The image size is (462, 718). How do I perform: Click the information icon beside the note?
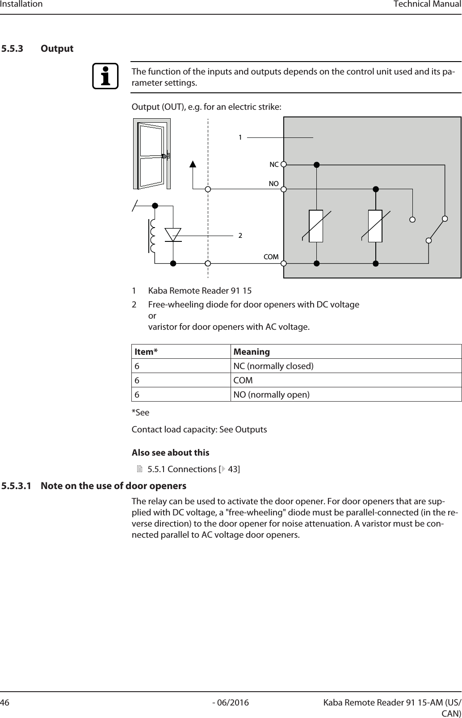point(105,77)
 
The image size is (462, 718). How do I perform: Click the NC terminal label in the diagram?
point(273,165)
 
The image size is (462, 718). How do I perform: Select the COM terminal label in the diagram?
point(271,257)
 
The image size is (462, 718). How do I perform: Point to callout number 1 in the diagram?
point(240,137)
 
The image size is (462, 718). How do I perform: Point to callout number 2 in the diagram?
point(240,235)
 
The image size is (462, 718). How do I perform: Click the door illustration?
point(152,154)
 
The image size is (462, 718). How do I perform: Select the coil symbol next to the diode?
point(153,236)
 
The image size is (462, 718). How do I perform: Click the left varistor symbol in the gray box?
point(316,226)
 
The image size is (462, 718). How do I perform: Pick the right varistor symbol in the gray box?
point(375,226)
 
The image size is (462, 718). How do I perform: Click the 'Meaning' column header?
point(252,352)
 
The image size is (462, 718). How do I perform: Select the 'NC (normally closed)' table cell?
point(273,366)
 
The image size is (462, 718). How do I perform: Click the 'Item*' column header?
point(146,352)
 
